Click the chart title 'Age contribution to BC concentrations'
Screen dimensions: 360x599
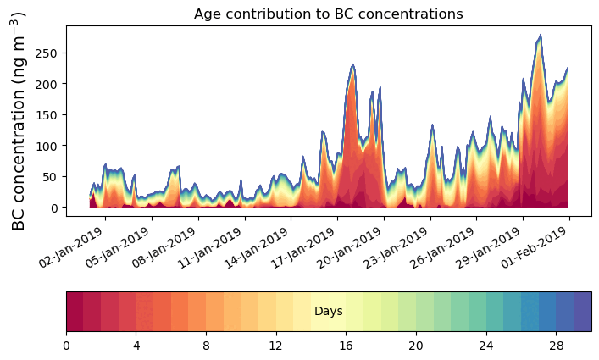pyautogui.click(x=328, y=14)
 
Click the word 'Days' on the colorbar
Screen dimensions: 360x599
pyautogui.click(x=328, y=312)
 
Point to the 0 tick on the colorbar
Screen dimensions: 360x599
pyautogui.click(x=66, y=345)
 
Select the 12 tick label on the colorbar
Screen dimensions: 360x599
pyautogui.click(x=276, y=345)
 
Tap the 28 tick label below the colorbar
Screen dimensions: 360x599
pyautogui.click(x=556, y=345)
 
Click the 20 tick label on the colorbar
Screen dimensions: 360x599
pyautogui.click(x=416, y=345)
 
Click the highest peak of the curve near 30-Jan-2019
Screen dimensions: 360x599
pyautogui.click(x=540, y=36)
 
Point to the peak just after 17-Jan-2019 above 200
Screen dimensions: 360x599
pyautogui.click(x=353, y=64)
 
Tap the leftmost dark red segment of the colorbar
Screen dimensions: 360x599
pyautogui.click(x=75, y=312)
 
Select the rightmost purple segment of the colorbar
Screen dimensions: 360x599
pyautogui.click(x=582, y=312)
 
